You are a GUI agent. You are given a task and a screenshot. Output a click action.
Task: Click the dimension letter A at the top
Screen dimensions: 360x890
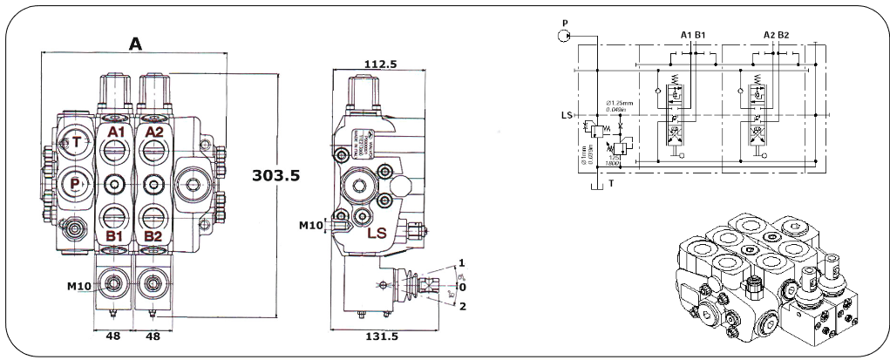tap(135, 42)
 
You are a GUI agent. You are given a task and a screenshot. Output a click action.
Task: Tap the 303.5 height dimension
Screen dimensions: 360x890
tap(275, 175)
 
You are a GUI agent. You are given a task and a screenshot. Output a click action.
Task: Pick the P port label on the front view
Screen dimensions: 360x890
tap(76, 183)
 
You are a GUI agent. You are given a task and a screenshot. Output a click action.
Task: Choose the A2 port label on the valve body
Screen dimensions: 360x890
tap(153, 132)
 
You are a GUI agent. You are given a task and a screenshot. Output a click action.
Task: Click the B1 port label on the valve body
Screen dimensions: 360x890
tap(113, 235)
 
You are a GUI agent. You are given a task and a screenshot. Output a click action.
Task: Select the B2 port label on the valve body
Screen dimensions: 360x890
tap(153, 235)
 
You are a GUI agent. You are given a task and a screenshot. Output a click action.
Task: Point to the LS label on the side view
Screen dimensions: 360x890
tap(377, 233)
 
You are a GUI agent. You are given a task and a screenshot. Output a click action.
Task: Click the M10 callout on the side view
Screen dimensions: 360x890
tap(311, 226)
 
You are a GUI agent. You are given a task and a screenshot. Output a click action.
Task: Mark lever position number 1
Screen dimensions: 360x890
tap(462, 262)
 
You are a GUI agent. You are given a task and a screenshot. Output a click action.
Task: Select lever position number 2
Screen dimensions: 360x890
tap(462, 306)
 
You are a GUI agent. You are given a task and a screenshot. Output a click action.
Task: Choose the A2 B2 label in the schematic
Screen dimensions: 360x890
tap(776, 35)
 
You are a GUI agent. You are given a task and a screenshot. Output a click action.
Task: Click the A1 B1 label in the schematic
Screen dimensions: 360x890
tap(692, 35)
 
